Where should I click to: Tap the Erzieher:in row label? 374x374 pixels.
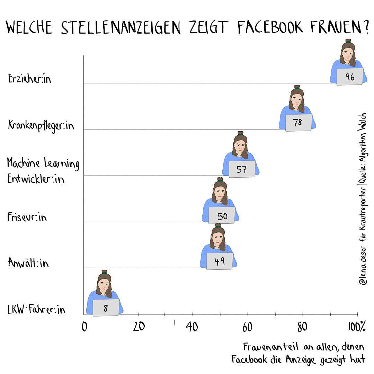[29, 79]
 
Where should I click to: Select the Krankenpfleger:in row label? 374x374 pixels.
[41, 125]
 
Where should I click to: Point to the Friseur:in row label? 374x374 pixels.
[27, 217]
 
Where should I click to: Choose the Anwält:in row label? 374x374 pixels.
[28, 263]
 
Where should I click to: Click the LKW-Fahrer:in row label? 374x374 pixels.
[36, 309]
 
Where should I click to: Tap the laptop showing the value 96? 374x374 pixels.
[350, 77]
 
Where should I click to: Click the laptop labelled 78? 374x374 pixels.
[299, 123]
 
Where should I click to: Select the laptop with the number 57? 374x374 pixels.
[242, 169]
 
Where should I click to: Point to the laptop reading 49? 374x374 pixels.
[220, 261]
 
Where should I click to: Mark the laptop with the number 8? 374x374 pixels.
[106, 308]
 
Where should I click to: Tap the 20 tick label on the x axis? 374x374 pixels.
[139, 327]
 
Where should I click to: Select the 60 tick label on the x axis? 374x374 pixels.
[247, 327]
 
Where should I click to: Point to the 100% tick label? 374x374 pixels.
[357, 327]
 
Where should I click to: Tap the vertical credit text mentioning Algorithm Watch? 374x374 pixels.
[363, 199]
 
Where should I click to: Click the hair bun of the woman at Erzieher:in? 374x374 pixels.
[348, 41]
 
